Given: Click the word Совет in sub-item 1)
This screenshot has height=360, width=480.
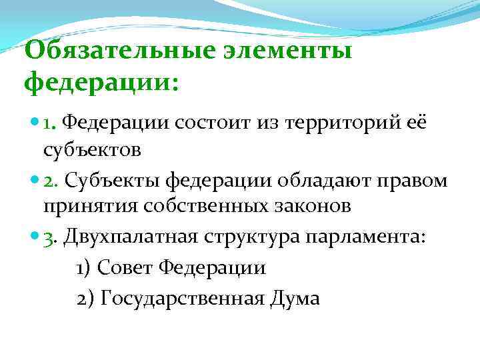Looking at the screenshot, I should click(x=126, y=268).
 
